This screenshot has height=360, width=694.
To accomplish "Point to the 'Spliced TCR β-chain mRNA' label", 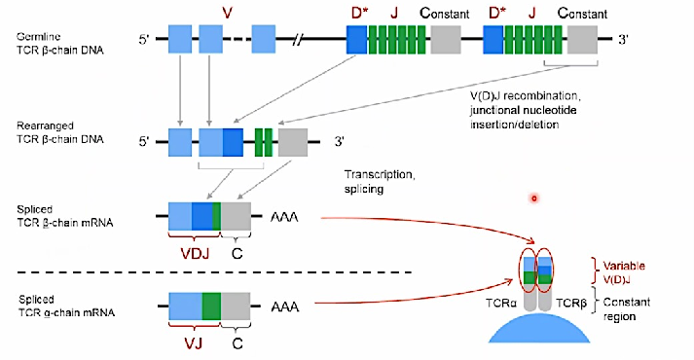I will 55,216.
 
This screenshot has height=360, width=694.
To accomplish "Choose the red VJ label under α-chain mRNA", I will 194,341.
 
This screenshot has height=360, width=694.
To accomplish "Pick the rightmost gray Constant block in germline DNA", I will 583,40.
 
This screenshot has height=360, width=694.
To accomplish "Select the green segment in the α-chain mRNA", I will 211,306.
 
